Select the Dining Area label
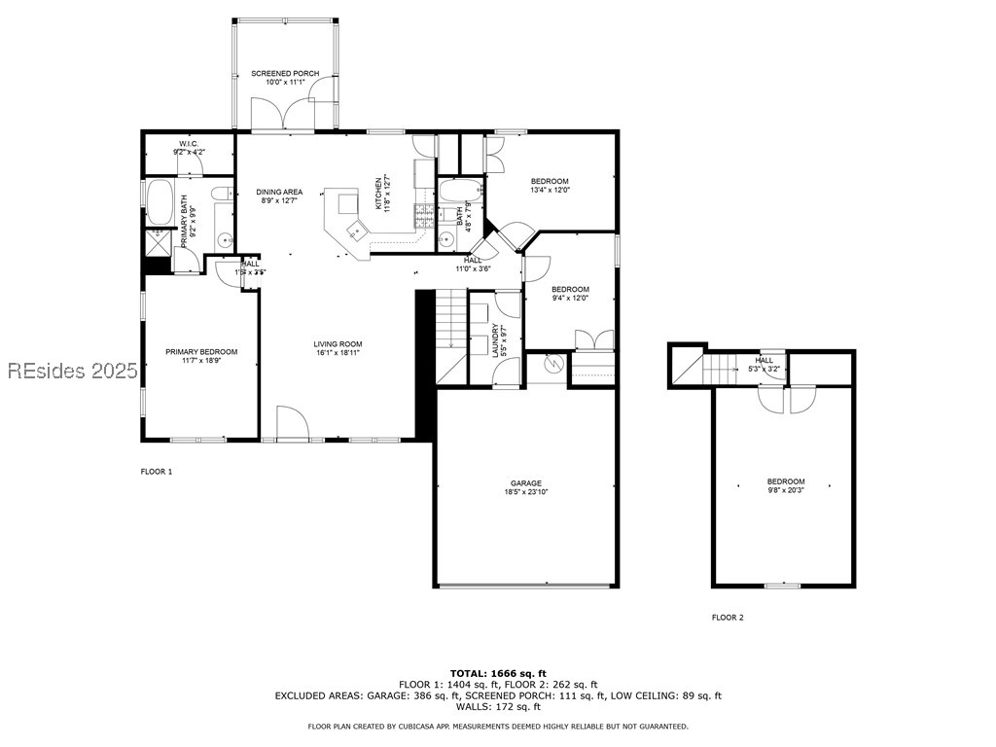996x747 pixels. [279, 196]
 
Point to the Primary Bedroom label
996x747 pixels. [200, 356]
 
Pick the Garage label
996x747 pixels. [526, 487]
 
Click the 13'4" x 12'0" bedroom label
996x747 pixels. [550, 186]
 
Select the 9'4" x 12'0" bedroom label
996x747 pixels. [570, 294]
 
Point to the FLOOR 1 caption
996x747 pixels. [157, 472]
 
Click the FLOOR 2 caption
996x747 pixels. [728, 618]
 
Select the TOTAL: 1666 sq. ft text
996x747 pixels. [498, 673]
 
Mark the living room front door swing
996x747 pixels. [293, 424]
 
